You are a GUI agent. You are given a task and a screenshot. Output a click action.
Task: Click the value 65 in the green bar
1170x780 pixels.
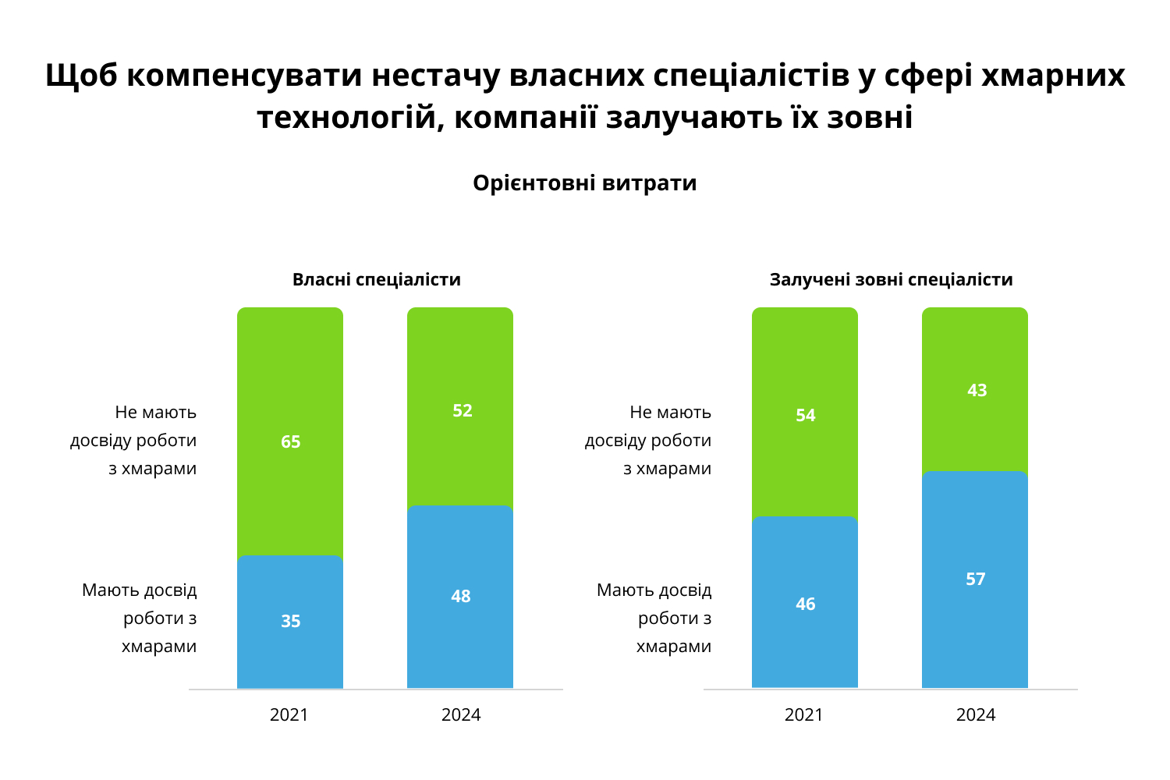[x=290, y=442]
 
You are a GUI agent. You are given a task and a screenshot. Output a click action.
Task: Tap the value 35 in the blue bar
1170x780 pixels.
[x=290, y=622]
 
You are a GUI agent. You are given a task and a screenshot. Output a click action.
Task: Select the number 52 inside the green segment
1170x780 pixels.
[x=463, y=411]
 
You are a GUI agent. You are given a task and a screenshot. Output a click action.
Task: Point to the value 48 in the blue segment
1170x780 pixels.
[x=461, y=597]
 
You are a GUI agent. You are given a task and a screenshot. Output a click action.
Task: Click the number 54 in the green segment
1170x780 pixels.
[x=806, y=416]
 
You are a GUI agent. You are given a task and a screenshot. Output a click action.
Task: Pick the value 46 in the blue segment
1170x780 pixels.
[x=806, y=604]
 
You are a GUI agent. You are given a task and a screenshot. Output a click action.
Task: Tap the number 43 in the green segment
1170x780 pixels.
[x=977, y=391]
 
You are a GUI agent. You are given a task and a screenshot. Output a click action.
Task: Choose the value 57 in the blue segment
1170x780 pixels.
[x=976, y=580]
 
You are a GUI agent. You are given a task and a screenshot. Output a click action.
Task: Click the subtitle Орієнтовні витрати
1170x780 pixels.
[x=585, y=183]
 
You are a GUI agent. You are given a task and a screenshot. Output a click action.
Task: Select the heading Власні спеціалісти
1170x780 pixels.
[x=377, y=280]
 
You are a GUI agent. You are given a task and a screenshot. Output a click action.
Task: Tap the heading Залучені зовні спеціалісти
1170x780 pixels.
[x=891, y=280]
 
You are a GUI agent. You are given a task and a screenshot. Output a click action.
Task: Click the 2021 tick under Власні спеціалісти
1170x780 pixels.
[x=289, y=715]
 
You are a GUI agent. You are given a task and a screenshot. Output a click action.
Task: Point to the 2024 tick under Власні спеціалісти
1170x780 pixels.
[x=461, y=715]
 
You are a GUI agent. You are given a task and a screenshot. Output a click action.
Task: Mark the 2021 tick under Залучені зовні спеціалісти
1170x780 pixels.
[x=804, y=715]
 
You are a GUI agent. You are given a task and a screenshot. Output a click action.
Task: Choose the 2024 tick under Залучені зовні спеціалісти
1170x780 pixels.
[x=976, y=715]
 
